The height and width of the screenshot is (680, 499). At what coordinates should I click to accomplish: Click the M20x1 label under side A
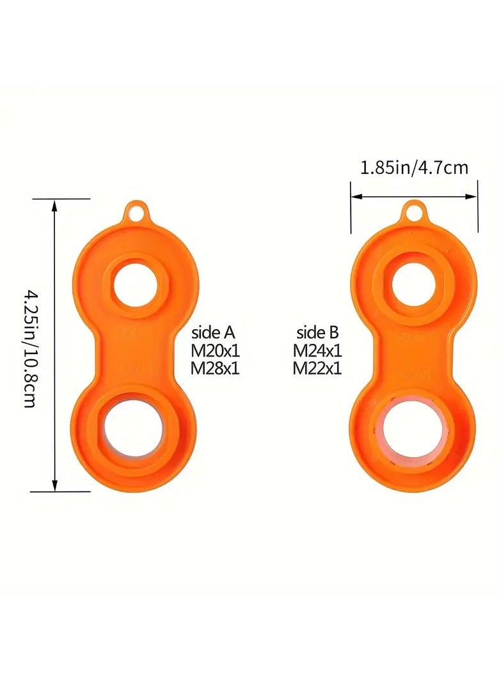216,350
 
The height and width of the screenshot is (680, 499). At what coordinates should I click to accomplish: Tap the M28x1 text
216,368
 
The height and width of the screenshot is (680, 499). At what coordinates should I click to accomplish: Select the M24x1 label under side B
317,350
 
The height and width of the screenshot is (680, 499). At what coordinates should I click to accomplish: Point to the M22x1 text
317,368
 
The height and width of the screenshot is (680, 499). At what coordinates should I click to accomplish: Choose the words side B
317,333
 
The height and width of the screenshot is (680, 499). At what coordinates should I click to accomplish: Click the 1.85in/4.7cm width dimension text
414,168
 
